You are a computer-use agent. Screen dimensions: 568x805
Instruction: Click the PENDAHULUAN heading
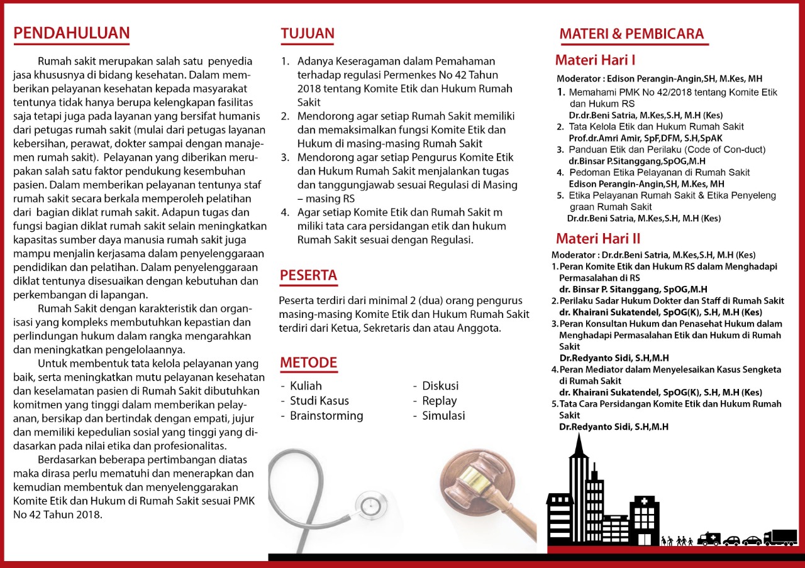tap(72, 33)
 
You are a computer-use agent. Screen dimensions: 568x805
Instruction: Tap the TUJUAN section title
tap(308, 34)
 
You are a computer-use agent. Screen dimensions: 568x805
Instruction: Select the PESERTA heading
tap(308, 275)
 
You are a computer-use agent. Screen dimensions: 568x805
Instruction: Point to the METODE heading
tap(308, 363)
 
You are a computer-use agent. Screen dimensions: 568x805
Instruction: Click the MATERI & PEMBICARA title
tap(631, 34)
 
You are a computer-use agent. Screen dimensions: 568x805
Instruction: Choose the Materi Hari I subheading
tap(595, 60)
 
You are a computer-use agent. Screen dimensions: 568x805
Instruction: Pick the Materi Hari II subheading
tap(598, 239)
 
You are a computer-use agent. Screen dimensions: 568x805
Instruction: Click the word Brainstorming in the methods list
tap(326, 416)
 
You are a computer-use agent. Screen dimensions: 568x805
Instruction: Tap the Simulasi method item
tap(443, 416)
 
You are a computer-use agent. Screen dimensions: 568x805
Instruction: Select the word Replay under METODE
tap(439, 401)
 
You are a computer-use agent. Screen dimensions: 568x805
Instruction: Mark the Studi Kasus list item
tap(319, 401)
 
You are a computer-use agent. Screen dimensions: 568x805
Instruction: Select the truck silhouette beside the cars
tap(780, 538)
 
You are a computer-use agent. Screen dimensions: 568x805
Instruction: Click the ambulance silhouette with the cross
tap(709, 538)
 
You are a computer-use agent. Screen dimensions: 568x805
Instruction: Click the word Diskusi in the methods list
tap(440, 386)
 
